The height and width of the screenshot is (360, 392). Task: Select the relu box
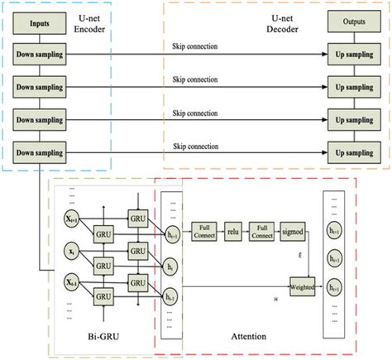click(x=234, y=228)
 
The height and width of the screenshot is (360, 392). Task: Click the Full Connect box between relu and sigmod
click(x=264, y=228)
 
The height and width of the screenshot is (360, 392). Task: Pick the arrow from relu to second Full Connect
click(x=248, y=228)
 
